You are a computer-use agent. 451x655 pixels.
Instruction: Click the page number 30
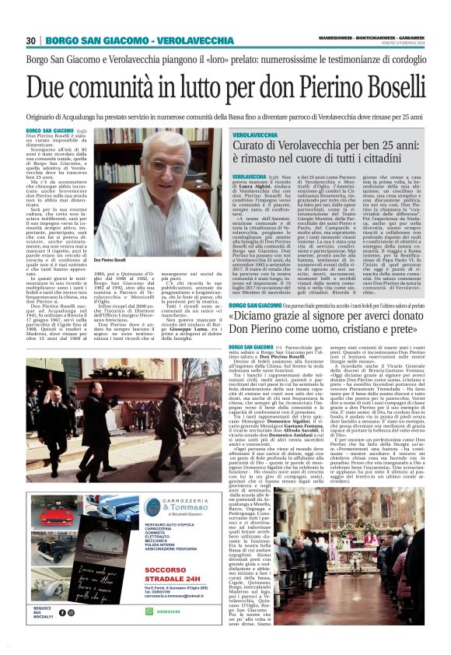(x=31, y=40)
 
